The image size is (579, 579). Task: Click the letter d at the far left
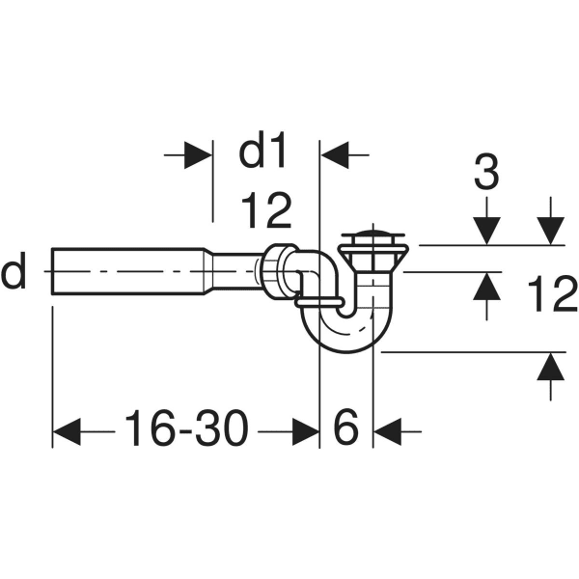coord(14,274)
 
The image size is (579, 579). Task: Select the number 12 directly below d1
coord(265,209)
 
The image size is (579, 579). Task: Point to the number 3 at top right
coord(487,175)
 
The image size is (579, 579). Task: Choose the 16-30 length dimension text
coord(185,427)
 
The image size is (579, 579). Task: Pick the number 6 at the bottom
coord(345,427)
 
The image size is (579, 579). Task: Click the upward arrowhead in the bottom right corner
coord(550,367)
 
